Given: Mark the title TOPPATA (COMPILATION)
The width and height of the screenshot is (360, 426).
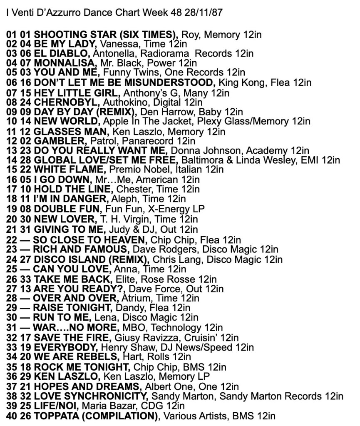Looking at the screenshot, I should [x=95, y=416].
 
